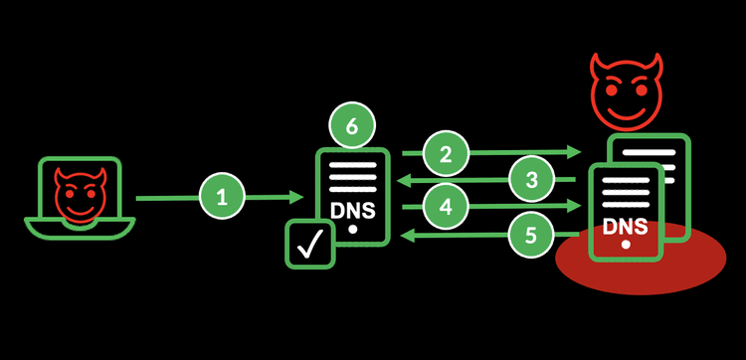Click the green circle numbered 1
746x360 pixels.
coord(222,198)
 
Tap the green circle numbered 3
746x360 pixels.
coord(532,180)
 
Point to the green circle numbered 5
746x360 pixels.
coord(532,235)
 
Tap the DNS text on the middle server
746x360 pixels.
coord(352,211)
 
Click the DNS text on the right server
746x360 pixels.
coord(625,225)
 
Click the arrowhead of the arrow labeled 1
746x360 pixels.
coord(297,198)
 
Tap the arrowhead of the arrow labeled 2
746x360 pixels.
coord(575,152)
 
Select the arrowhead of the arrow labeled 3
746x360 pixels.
coord(402,180)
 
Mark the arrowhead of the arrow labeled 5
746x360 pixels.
coord(402,236)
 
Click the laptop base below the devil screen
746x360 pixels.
coord(78,230)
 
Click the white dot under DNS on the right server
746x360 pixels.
coord(625,244)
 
